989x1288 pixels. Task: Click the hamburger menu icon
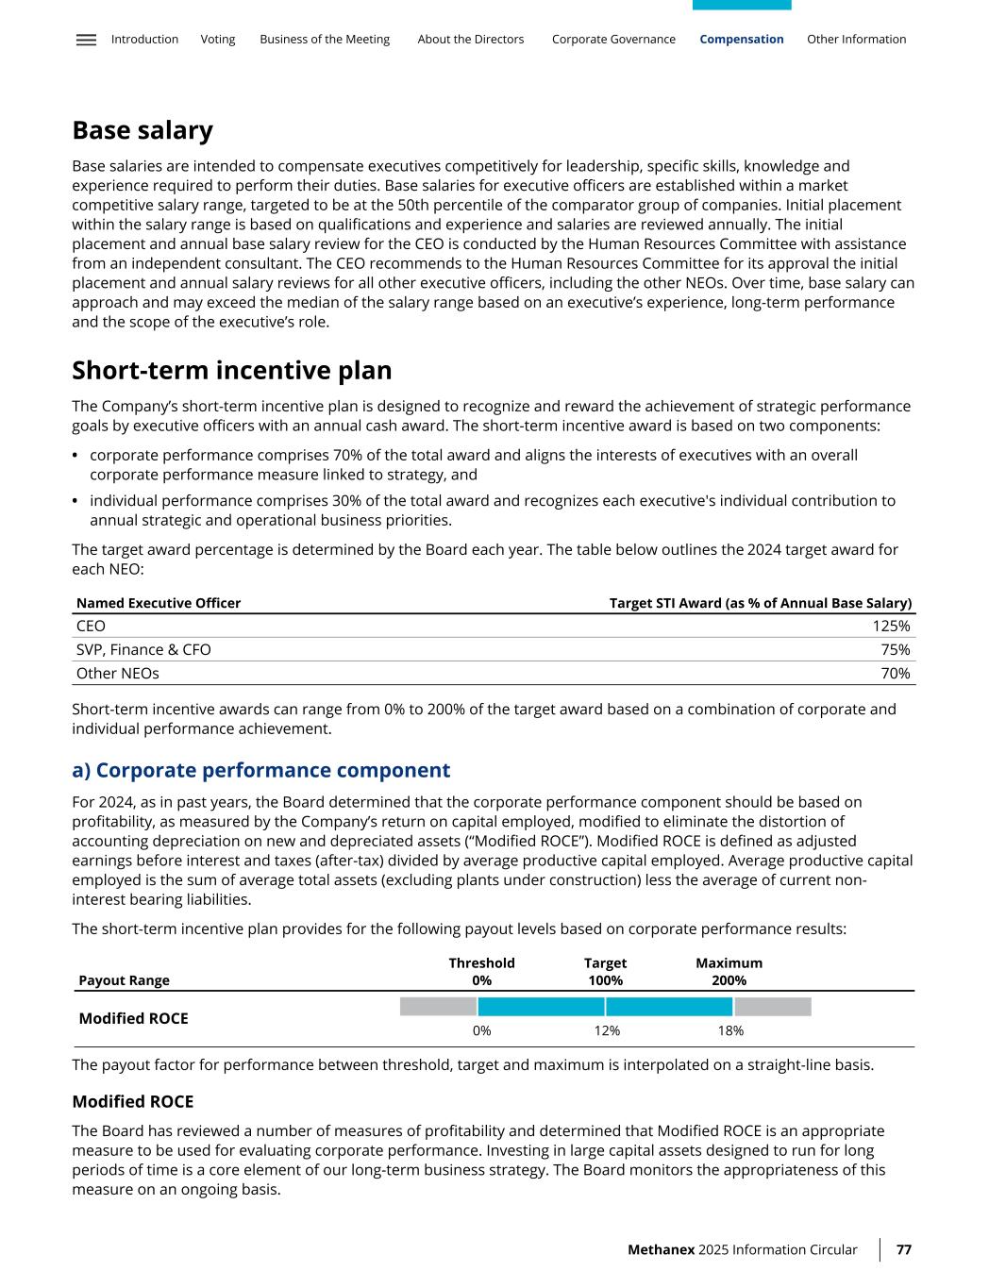tap(86, 40)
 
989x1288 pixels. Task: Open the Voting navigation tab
tap(218, 40)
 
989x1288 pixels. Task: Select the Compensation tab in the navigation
tap(741, 40)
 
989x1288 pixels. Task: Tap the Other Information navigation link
tap(856, 40)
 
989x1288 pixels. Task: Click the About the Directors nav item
tap(470, 40)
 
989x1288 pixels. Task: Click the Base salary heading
tap(142, 130)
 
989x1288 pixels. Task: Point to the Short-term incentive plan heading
tap(231, 370)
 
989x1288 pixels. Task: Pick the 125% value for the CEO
tap(891, 627)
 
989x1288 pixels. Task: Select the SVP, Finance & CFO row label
tap(143, 650)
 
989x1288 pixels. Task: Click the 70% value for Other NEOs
tap(896, 674)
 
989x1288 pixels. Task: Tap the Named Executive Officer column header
tap(159, 603)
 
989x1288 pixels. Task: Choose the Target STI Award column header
tap(760, 603)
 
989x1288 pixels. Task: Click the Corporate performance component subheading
tap(260, 770)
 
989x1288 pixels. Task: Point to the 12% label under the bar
tap(607, 1031)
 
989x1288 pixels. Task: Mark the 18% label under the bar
tap(730, 1031)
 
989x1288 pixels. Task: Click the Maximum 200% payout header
tap(729, 972)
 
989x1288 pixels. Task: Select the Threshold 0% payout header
tap(481, 972)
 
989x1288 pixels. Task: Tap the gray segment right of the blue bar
tap(772, 1007)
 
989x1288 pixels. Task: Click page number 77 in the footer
tap(903, 1249)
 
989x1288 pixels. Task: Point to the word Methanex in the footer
tap(661, 1249)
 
